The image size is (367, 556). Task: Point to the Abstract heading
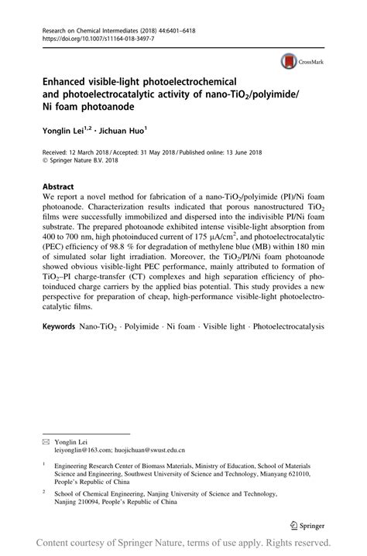[58, 187]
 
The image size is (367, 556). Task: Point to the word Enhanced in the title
[70, 80]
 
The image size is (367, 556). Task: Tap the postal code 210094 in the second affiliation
[94, 500]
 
